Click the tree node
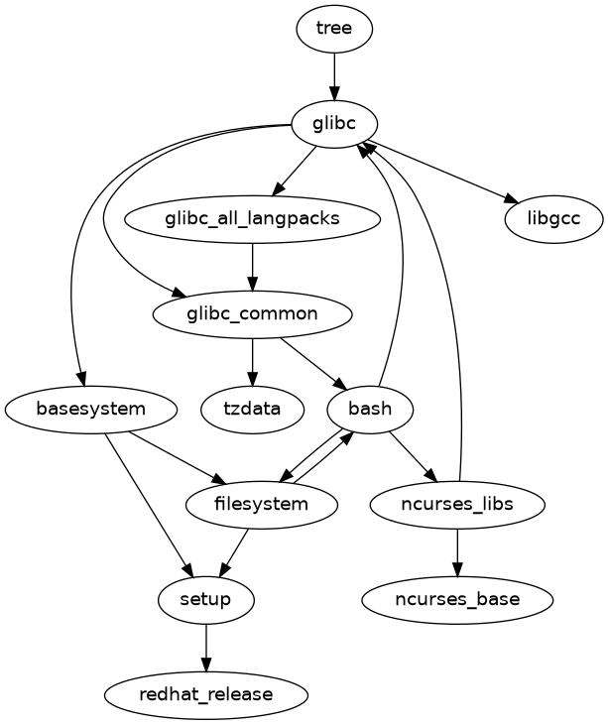tap(334, 28)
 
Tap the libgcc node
tap(554, 218)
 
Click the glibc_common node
tap(253, 313)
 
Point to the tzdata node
tap(253, 409)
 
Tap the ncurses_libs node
tap(457, 504)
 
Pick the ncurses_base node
tap(457, 599)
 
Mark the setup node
tap(206, 599)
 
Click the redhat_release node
tap(206, 694)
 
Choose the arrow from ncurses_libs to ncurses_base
tap(457, 551)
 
